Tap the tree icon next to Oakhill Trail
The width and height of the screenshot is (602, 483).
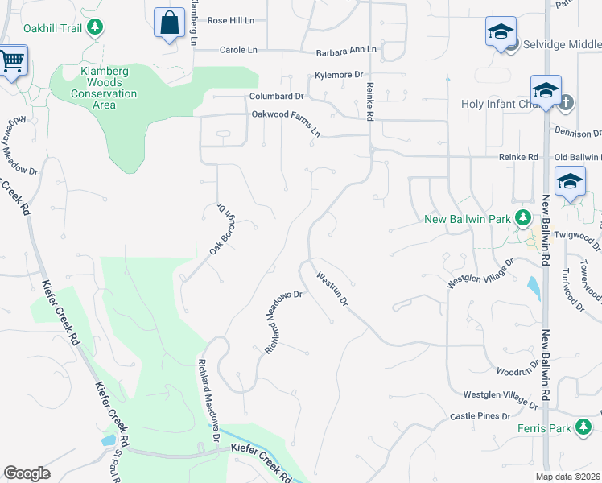click(x=96, y=27)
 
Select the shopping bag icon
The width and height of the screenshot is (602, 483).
click(x=170, y=23)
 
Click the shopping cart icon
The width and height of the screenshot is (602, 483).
click(x=11, y=60)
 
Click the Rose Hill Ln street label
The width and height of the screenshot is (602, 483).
click(x=230, y=20)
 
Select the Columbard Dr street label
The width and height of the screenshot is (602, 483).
click(x=276, y=96)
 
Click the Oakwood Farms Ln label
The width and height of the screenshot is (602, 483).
click(x=287, y=118)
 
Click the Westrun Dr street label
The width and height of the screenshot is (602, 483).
click(x=332, y=291)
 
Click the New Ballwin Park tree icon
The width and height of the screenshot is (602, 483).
click(x=523, y=218)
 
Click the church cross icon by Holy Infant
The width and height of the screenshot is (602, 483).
click(x=566, y=103)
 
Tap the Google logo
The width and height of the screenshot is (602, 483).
click(x=27, y=473)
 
